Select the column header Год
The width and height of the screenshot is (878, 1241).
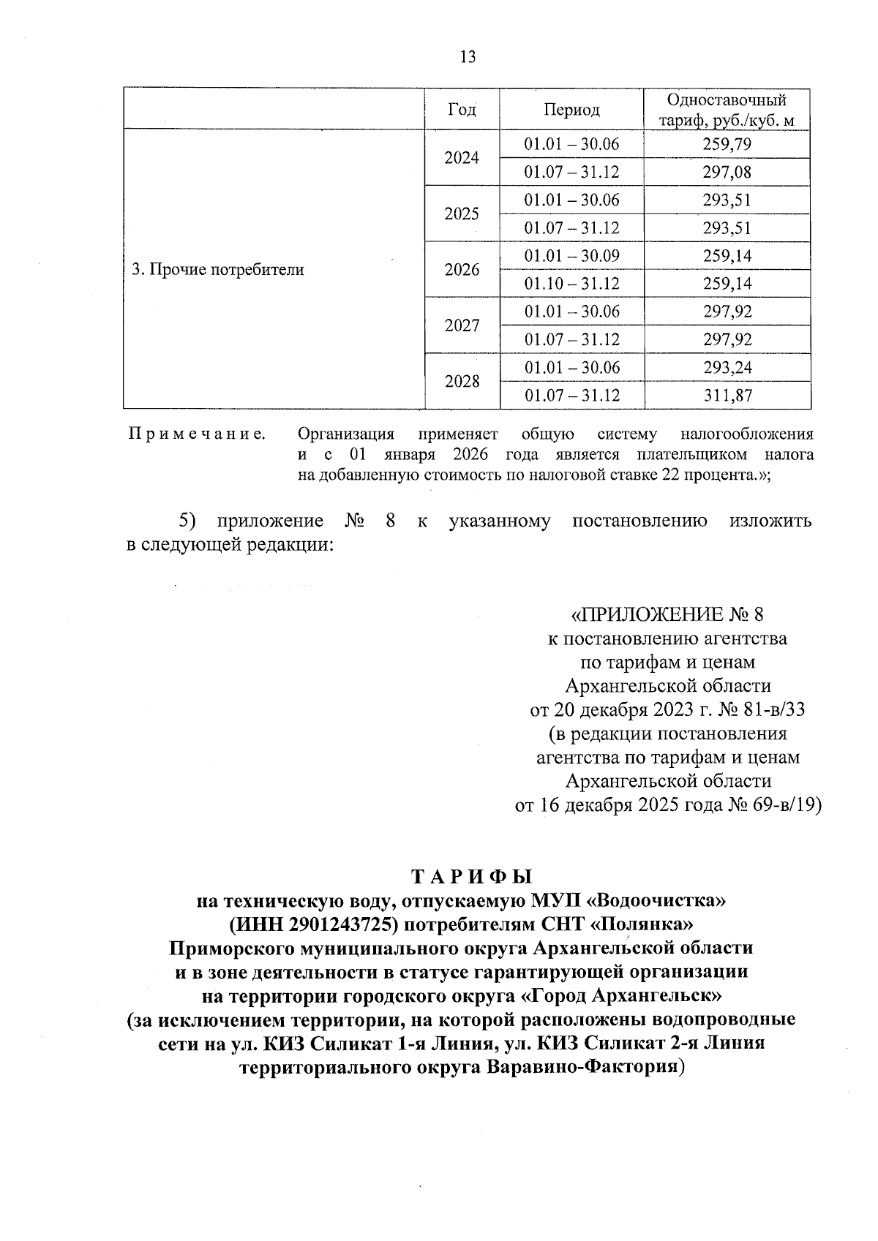click(462, 110)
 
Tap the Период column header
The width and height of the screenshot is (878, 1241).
click(571, 110)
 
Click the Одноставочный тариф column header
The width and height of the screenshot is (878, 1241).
click(727, 110)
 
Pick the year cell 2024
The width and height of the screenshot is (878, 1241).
click(462, 158)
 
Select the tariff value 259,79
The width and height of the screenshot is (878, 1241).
click(727, 144)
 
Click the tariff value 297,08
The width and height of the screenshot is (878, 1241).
click(727, 172)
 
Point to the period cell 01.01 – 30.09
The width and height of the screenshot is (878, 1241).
click(571, 256)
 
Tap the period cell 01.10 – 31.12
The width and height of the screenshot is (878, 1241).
click(571, 284)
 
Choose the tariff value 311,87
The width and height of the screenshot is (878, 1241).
click(727, 396)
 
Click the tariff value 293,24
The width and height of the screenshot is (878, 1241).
click(727, 367)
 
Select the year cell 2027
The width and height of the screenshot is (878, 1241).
click(462, 325)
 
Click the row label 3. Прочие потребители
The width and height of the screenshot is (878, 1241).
click(217, 270)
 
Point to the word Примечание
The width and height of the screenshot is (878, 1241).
click(197, 434)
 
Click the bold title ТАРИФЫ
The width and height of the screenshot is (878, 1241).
click(472, 876)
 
